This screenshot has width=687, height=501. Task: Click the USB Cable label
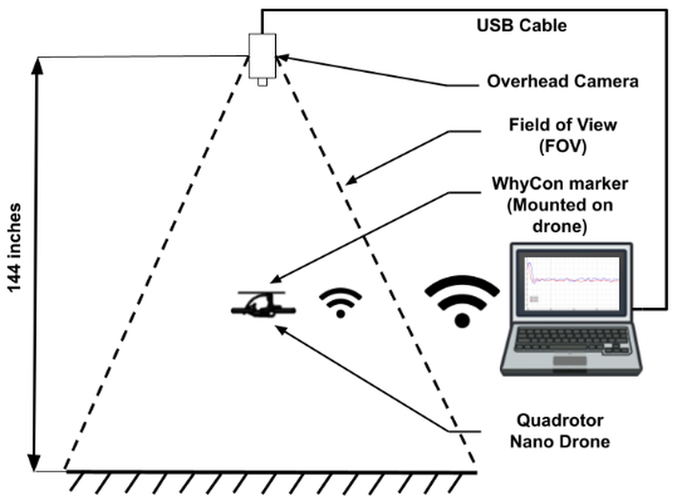tap(521, 25)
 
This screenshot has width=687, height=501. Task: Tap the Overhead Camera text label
tap(563, 81)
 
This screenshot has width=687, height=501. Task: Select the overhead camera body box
tap(262, 56)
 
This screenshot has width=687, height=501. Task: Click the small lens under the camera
tap(262, 82)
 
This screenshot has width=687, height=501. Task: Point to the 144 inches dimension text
tap(15, 247)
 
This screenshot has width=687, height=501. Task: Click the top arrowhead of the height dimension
tap(37, 65)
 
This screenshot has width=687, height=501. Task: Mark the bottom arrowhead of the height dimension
tap(35, 462)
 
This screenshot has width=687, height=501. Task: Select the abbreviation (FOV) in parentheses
tap(563, 147)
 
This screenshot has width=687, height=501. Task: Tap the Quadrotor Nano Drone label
tap(560, 431)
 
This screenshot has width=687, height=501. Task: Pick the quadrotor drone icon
tap(263, 304)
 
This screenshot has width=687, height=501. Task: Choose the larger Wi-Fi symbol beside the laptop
tap(462, 300)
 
